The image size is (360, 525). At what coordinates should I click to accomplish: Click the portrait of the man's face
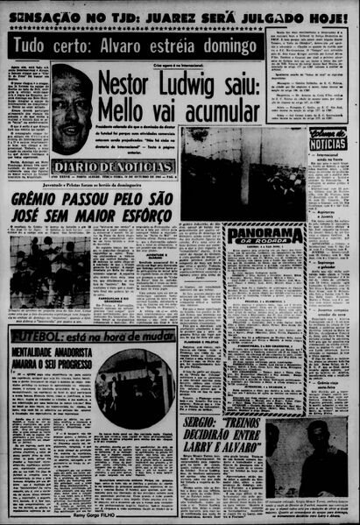(72, 108)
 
